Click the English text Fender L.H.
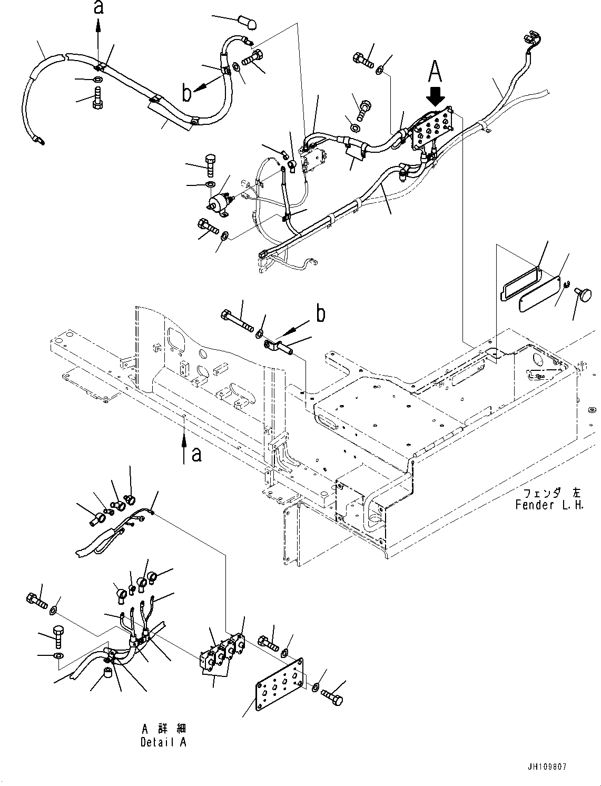click(x=549, y=505)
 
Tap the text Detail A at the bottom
click(x=163, y=743)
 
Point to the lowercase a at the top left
click(x=98, y=7)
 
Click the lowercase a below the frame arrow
click(x=196, y=454)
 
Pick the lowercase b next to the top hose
click(x=186, y=93)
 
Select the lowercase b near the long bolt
click(x=320, y=314)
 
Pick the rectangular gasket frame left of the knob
click(x=519, y=280)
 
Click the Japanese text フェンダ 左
click(x=551, y=494)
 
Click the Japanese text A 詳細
click(x=164, y=730)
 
